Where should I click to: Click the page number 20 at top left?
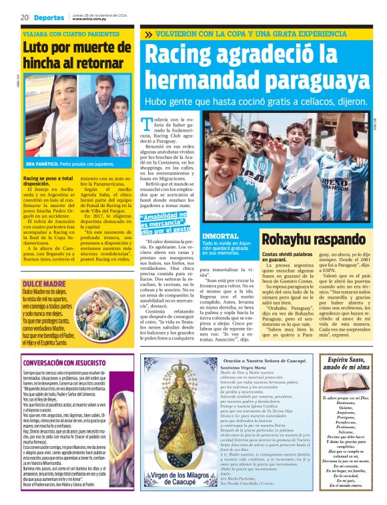coord(24,17)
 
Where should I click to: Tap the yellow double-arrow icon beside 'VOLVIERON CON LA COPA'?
coord(147,34)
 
